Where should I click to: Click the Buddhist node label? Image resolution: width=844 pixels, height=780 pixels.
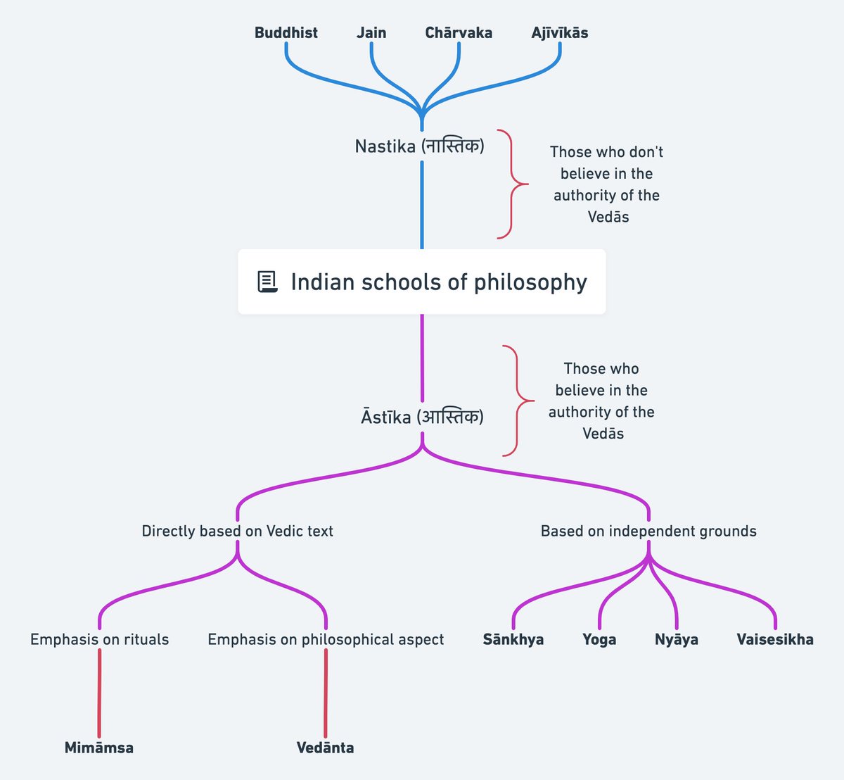(x=286, y=33)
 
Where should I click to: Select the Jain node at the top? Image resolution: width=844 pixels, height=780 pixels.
(x=371, y=33)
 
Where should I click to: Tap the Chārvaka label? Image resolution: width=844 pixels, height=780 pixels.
(x=459, y=33)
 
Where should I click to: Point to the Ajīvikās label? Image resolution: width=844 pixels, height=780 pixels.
(x=560, y=33)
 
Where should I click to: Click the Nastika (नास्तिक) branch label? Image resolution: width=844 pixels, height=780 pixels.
(x=420, y=146)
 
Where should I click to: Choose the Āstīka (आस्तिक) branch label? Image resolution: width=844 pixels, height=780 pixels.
(x=422, y=417)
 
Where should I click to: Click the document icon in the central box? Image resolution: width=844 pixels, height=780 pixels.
(x=267, y=282)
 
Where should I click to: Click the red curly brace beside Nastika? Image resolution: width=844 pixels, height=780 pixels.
(x=511, y=184)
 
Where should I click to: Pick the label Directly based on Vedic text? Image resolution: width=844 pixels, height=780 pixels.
(x=237, y=531)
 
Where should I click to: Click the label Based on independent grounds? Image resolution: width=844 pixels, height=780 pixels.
(x=648, y=531)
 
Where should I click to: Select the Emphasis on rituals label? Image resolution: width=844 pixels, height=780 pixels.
(x=99, y=639)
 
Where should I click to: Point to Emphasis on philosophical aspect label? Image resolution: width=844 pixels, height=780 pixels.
(x=326, y=639)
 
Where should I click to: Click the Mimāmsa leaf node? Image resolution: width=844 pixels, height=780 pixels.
(x=98, y=748)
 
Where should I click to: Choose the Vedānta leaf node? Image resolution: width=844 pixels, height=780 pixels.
(x=325, y=748)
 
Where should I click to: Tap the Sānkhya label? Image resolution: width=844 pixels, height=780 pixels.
(x=513, y=639)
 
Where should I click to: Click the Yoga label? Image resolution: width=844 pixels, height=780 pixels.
(x=599, y=639)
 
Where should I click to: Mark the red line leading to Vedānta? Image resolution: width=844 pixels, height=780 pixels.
(x=326, y=693)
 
